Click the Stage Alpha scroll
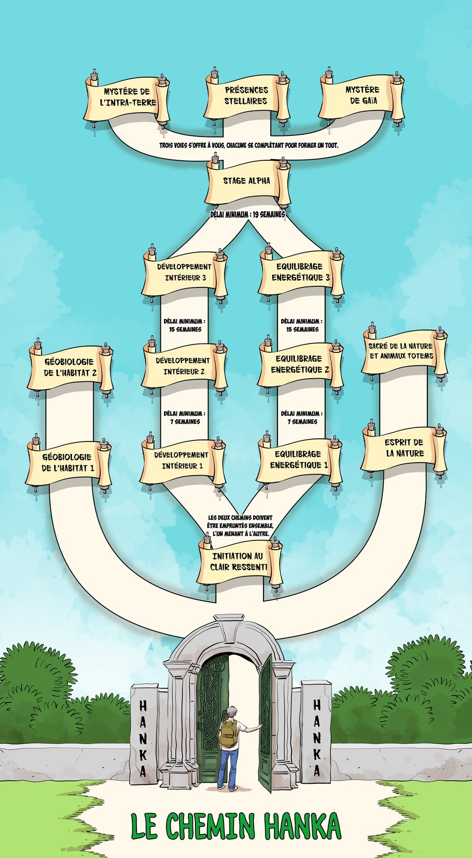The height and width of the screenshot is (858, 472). [247, 182]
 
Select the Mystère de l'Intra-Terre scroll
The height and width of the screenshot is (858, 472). [128, 98]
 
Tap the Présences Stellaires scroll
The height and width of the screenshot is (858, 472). [246, 96]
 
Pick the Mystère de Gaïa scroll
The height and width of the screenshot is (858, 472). [362, 95]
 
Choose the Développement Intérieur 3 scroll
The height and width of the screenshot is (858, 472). [185, 273]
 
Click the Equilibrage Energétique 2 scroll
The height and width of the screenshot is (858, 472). [300, 365]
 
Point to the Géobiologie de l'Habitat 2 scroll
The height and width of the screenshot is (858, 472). [70, 368]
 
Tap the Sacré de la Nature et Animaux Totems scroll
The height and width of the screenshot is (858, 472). [401, 351]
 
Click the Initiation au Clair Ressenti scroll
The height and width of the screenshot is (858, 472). [239, 562]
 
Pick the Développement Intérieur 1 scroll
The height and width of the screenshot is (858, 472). [182, 461]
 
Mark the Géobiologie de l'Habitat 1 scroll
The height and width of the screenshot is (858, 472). [68, 463]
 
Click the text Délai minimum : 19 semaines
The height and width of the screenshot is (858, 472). [247, 214]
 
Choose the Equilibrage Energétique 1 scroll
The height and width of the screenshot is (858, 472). [299, 460]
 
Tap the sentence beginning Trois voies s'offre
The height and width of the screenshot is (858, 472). [248, 146]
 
